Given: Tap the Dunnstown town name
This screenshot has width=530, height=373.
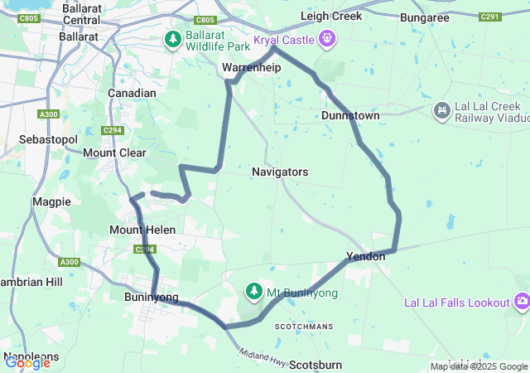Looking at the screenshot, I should tap(350, 116).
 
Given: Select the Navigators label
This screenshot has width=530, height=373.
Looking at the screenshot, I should tap(280, 172).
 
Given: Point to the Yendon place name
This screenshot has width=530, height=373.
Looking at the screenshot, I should tap(366, 257).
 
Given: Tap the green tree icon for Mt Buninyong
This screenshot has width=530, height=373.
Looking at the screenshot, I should tap(253, 292).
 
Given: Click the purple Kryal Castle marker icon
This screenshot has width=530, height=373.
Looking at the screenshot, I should tap(329, 38).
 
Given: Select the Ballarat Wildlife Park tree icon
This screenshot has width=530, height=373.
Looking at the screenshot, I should tap(172, 39).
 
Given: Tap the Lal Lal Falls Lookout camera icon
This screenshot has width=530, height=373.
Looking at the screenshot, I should tap(522, 302).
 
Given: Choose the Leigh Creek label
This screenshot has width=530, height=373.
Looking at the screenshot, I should tap(331, 16).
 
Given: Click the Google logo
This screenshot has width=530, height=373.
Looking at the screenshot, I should tap(27, 361).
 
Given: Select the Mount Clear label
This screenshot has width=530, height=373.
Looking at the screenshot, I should tap(114, 153).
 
